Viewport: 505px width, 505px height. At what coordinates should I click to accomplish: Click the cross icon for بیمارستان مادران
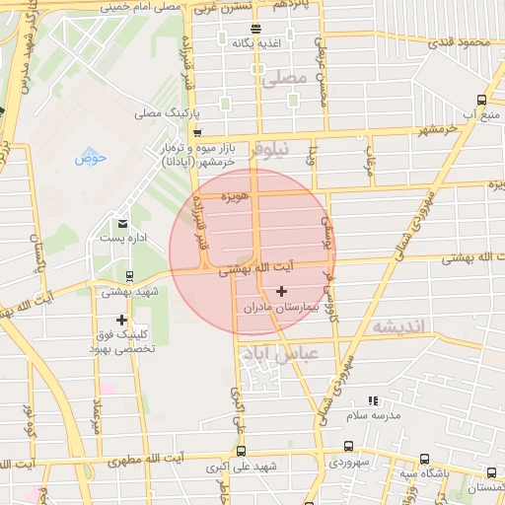point(283,291)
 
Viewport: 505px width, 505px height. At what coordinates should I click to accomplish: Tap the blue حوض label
point(89,157)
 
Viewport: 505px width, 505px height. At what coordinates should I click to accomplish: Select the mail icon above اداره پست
point(122,224)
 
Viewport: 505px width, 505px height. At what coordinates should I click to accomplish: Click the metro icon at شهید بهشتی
point(131,275)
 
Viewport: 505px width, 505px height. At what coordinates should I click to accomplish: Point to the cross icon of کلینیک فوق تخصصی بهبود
point(121,320)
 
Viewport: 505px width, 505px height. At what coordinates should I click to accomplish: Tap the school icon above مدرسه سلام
point(373,400)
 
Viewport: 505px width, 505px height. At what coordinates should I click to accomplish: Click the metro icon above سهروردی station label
point(349,446)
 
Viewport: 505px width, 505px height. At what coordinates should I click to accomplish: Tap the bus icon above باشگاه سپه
point(424,459)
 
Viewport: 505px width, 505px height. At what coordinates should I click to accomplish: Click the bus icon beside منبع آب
point(480,100)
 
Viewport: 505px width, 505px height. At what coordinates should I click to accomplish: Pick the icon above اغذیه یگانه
point(255,29)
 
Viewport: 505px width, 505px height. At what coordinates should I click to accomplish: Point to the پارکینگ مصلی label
point(162,113)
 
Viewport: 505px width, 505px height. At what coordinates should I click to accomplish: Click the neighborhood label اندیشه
point(397,326)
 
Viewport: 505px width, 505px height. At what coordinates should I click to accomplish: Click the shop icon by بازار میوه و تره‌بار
point(197,133)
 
